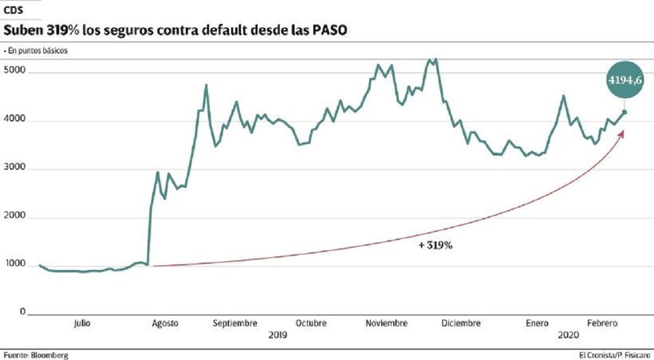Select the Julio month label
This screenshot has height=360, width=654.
[x=82, y=323]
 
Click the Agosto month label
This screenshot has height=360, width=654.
[x=165, y=323]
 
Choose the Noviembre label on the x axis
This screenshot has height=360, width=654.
[x=387, y=323]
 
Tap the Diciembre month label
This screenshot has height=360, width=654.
[x=461, y=323]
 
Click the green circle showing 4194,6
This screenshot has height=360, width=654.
[x=624, y=80]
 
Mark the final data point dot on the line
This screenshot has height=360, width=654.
[x=624, y=112]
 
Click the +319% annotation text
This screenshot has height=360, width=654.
[x=435, y=247]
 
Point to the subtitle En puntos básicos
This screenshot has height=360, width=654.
[x=37, y=51]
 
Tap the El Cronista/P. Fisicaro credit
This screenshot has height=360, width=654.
[x=614, y=355]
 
